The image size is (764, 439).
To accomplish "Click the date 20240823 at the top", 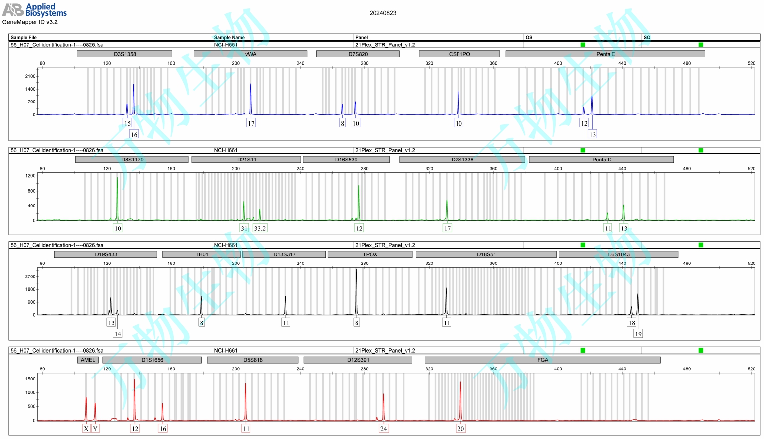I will tap(383, 13).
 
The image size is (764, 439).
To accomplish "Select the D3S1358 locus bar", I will tap(125, 54).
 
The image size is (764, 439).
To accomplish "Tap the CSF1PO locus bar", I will tap(459, 54).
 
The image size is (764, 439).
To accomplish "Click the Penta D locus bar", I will tap(601, 159).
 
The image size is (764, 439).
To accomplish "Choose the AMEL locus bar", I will tap(88, 360).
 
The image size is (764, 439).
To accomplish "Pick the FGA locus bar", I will tap(542, 360).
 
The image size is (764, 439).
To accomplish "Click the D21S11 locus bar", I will tap(246, 159).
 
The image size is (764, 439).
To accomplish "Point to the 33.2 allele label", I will tap(260, 228).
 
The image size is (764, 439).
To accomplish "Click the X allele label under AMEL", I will tap(86, 429).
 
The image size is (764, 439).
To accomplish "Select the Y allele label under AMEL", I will tap(95, 429).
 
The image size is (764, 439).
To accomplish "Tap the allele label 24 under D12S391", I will tap(383, 429).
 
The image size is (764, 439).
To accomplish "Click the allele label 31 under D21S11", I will tap(244, 228).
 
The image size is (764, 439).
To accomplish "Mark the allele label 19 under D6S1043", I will tap(638, 334).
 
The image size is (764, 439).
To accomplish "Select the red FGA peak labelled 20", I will tap(460, 399).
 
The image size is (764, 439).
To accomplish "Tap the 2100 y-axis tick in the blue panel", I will tap(31, 76).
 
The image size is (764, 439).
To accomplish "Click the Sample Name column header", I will tap(229, 37).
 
